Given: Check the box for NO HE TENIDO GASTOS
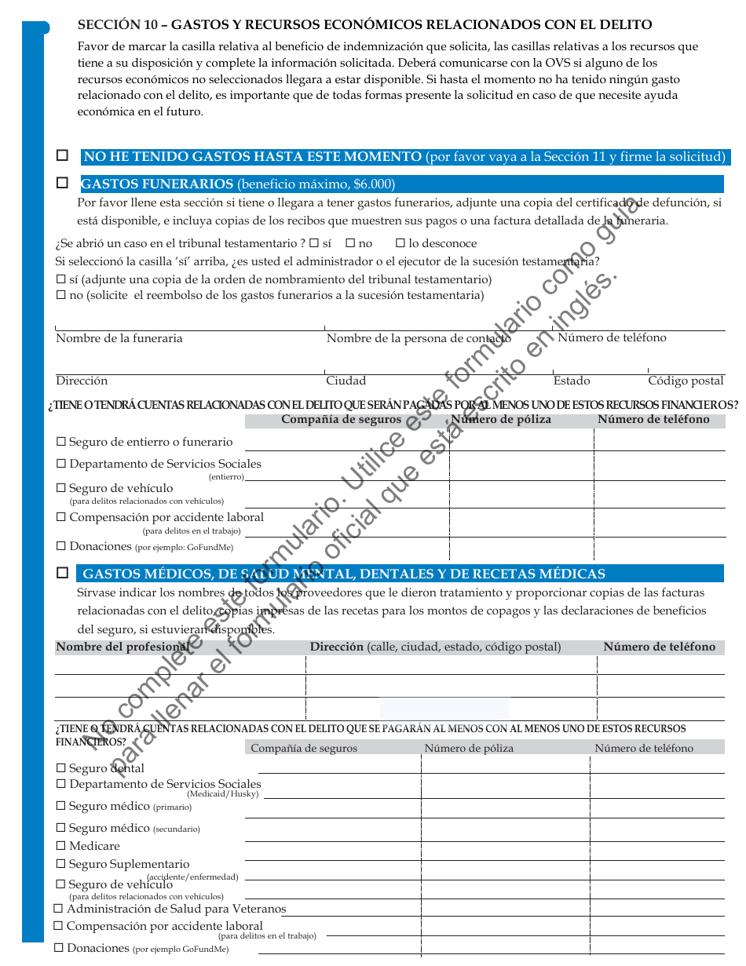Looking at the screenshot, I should (x=62, y=155).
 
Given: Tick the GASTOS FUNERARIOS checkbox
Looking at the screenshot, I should (x=62, y=183).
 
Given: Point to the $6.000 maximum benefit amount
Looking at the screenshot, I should (x=372, y=184).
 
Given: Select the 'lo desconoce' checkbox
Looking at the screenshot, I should (x=400, y=243).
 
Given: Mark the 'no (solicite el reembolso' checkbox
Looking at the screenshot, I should (x=61, y=295).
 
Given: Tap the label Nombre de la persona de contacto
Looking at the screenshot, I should (x=418, y=338).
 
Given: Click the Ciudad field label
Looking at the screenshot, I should (x=346, y=381).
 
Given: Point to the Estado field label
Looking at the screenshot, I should (x=571, y=381).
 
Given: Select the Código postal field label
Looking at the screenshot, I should (x=686, y=381).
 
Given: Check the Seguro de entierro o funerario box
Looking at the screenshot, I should (x=61, y=442).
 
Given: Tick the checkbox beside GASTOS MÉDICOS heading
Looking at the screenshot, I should (x=62, y=573).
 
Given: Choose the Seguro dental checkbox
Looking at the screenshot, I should (x=61, y=768).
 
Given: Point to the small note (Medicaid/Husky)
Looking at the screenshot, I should (x=222, y=794).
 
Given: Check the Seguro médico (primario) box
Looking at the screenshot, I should (x=61, y=806).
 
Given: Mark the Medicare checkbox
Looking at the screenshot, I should (x=61, y=846).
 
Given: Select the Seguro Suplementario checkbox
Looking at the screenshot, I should (x=61, y=864).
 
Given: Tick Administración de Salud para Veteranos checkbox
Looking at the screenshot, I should (x=59, y=909).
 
